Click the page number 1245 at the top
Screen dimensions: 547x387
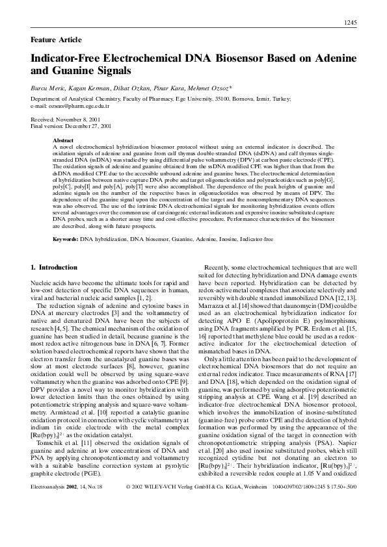pos(349,23)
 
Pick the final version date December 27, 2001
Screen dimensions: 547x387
pos(88,126)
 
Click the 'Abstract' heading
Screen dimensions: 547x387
pos(63,140)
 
